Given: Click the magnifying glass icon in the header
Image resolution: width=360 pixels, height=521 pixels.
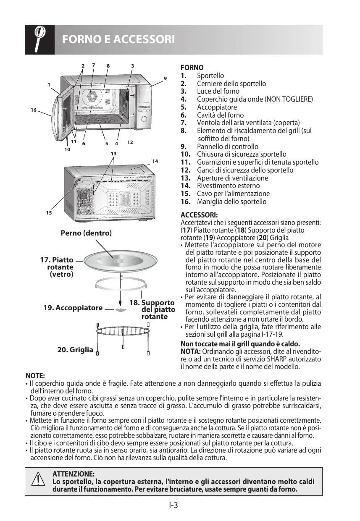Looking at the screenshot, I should pyautogui.click(x=39, y=39).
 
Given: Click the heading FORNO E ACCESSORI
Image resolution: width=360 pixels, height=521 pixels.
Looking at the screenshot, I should pyautogui.click(x=118, y=40).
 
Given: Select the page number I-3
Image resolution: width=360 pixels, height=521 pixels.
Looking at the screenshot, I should pyautogui.click(x=174, y=505).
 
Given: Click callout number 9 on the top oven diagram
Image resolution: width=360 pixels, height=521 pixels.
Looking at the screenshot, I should pyautogui.click(x=165, y=78).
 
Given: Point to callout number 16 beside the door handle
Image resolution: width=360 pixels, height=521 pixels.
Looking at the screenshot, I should pyautogui.click(x=34, y=110).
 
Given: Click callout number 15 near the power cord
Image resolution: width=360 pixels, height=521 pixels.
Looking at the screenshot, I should pyautogui.click(x=49, y=213).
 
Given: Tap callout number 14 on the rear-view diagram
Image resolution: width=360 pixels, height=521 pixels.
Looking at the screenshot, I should pyautogui.click(x=155, y=161).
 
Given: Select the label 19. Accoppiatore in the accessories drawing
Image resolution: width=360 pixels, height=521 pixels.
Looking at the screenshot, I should pyautogui.click(x=73, y=308).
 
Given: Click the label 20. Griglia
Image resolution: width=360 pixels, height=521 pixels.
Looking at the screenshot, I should pyautogui.click(x=75, y=349).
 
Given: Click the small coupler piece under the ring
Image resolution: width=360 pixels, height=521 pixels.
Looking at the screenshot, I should pyautogui.click(x=121, y=309).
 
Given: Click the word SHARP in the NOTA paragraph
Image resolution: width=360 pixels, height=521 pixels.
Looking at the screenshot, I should pyautogui.click(x=286, y=360).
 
